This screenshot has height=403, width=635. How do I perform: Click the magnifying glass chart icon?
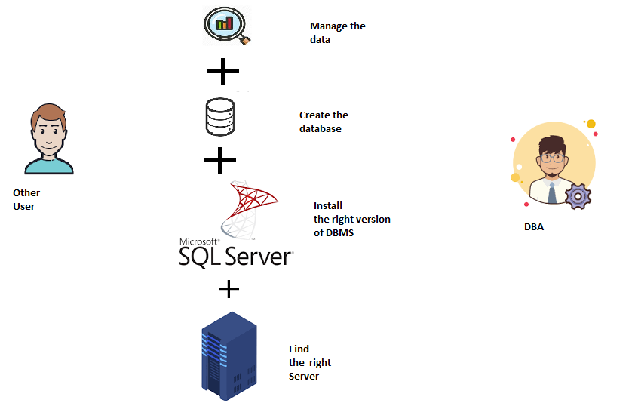pos(225,25)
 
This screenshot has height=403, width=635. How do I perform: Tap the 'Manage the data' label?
pos(336,32)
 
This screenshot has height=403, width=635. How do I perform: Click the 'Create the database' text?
pos(324,122)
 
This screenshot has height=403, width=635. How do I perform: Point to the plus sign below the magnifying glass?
pos(222,73)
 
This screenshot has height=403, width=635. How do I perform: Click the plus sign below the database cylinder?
pos(220,159)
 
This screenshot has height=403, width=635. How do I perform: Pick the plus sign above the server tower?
pos(229,289)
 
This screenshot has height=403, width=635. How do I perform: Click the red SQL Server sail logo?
pos(248,208)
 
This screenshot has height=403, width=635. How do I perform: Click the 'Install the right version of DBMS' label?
pos(351,219)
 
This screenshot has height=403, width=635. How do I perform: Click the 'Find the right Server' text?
pos(309,362)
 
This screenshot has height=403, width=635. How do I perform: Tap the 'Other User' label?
pos(26,199)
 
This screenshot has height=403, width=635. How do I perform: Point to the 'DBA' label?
pos(534,226)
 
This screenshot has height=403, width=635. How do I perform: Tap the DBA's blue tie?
pos(553,193)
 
